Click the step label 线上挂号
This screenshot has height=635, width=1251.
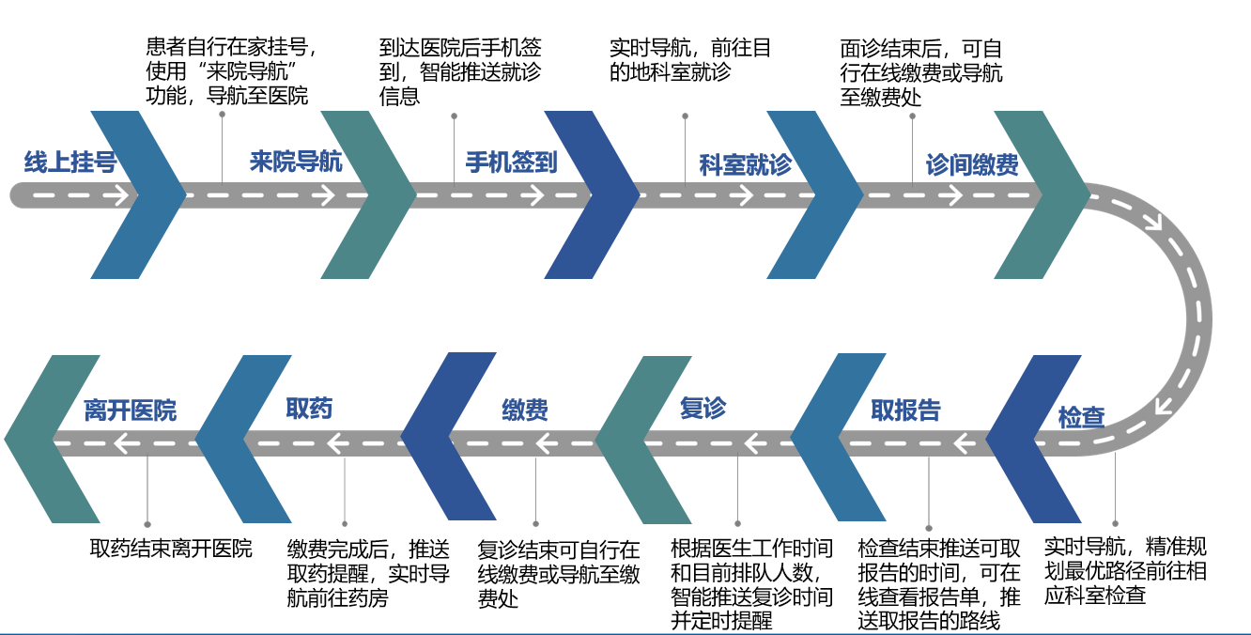click(x=70, y=163)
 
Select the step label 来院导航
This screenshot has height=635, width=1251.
click(x=296, y=162)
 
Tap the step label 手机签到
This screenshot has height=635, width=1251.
click(x=512, y=163)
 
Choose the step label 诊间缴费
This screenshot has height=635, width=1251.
click(x=972, y=165)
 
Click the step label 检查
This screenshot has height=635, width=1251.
click(x=1082, y=417)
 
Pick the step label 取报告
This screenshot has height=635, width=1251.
click(x=905, y=410)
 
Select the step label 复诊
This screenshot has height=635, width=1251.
click(x=703, y=409)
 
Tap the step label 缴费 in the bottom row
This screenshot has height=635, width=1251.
click(x=525, y=410)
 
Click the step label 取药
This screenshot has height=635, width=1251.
click(x=309, y=409)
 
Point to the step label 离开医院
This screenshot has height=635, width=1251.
click(x=130, y=410)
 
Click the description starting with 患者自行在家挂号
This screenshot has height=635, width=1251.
click(x=228, y=71)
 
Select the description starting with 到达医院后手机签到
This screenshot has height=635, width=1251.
click(x=460, y=71)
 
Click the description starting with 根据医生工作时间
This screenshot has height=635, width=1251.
click(x=751, y=583)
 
